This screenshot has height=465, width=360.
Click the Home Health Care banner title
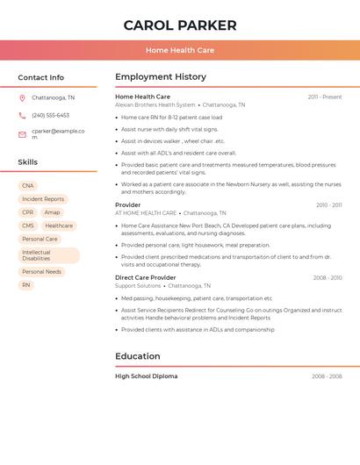click(x=179, y=50)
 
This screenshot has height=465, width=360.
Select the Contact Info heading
click(x=40, y=77)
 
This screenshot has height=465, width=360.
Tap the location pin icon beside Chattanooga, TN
click(x=22, y=97)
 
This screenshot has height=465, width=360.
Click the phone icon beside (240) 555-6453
click(x=22, y=115)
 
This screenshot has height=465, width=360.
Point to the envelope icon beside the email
click(x=22, y=134)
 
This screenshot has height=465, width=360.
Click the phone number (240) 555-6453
click(x=50, y=115)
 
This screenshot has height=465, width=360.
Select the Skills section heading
click(x=27, y=162)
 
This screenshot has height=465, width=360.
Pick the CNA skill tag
click(x=28, y=186)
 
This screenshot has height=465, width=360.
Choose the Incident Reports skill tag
click(x=43, y=199)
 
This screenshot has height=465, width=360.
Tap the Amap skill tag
click(x=53, y=212)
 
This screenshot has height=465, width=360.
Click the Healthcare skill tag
click(x=59, y=225)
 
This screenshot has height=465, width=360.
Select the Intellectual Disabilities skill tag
click(x=48, y=255)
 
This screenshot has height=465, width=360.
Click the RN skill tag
click(x=26, y=285)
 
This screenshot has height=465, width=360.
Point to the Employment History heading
click(x=161, y=77)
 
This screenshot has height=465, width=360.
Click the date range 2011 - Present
click(x=324, y=97)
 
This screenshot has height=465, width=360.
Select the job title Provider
click(x=127, y=205)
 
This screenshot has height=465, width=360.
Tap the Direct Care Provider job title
click(x=145, y=278)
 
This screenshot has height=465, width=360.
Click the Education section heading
click(x=138, y=356)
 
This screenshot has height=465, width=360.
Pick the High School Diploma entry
click(x=146, y=376)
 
